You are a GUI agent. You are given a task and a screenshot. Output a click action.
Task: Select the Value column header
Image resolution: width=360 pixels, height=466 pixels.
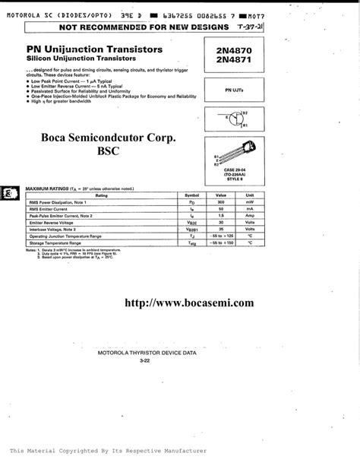pyautogui.click(x=221, y=195)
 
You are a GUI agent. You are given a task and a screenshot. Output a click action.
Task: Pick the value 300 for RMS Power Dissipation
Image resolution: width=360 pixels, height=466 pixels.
pyautogui.click(x=221, y=202)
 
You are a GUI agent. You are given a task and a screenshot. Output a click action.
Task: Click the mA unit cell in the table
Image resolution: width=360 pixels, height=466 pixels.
pyautogui.click(x=248, y=208)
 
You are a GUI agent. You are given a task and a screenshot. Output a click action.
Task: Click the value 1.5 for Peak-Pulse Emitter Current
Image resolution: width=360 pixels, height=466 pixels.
pyautogui.click(x=221, y=215)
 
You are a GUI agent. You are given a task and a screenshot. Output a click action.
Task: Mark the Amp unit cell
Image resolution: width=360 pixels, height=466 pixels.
pyautogui.click(x=248, y=215)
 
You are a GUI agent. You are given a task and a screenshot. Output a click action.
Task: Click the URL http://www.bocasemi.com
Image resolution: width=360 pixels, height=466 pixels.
pyautogui.click(x=189, y=302)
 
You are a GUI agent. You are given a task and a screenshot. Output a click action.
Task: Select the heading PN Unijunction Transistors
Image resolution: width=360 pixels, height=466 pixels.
pyautogui.click(x=94, y=49)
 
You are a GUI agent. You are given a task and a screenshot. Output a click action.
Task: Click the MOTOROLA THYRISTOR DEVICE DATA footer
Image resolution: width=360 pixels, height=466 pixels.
pyautogui.click(x=147, y=353)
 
